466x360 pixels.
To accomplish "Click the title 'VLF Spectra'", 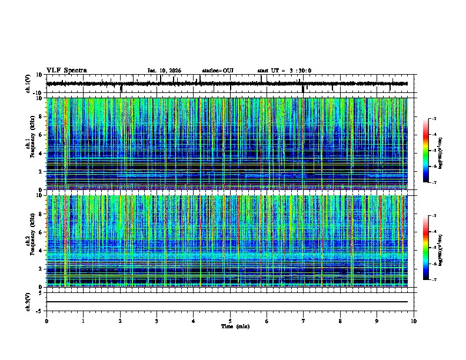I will click(66, 71).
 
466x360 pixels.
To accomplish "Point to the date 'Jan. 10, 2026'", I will click(164, 71).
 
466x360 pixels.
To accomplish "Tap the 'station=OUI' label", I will click(218, 71).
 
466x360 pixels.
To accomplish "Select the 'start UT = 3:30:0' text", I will click(284, 71).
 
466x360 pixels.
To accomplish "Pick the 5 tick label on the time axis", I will click(231, 321).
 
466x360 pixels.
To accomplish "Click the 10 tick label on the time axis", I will click(414, 321).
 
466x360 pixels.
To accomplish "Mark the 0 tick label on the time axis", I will click(46, 321).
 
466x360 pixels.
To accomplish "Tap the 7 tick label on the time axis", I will click(304, 321).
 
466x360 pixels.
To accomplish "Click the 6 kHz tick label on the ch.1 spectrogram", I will click(42, 135).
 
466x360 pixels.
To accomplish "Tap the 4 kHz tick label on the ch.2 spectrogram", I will click(42, 251).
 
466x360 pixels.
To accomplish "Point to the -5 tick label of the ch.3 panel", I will click(40, 311).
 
